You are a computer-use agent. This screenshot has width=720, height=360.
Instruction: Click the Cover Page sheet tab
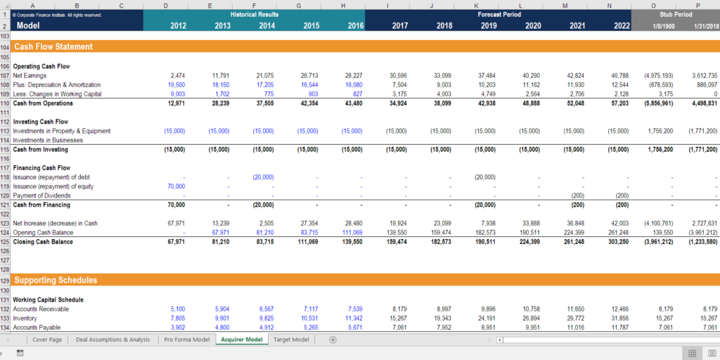tap(47, 340)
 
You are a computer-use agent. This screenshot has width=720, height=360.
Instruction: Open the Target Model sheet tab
tap(291, 340)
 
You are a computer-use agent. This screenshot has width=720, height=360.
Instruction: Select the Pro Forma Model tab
tap(186, 340)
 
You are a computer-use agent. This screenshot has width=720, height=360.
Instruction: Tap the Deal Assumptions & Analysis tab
tap(112, 340)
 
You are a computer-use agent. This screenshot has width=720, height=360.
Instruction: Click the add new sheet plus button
tap(333, 340)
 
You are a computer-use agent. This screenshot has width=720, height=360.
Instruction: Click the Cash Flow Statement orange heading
tap(53, 47)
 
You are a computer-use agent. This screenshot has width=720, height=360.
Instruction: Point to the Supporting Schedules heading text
tap(56, 280)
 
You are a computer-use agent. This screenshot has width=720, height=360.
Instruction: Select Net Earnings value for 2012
tap(177, 75)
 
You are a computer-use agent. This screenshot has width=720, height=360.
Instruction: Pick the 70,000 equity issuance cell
tap(176, 186)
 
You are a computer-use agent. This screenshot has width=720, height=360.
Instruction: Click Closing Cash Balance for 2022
tap(619, 242)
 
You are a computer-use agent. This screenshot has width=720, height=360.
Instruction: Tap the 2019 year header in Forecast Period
tap(488, 26)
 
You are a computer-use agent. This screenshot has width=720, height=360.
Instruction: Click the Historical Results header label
tap(254, 14)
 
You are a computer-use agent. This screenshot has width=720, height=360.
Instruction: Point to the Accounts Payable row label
tap(37, 328)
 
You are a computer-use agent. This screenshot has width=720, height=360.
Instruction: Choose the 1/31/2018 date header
tap(704, 26)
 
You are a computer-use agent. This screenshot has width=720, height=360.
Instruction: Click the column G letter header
tap(299, 6)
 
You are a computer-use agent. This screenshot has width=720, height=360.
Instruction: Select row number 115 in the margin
tap(5, 150)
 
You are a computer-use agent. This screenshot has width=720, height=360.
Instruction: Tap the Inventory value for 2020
tap(531, 319)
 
